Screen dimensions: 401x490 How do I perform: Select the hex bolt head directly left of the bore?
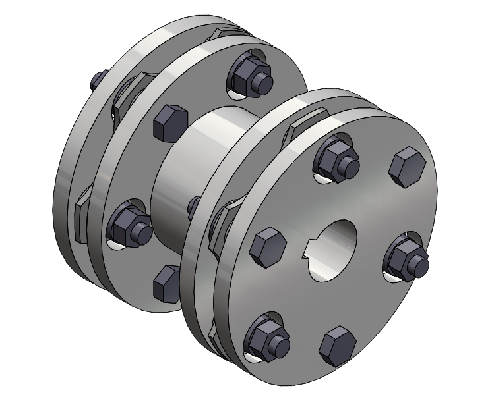click(267, 247)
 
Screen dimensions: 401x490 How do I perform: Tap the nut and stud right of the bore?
click(407, 256)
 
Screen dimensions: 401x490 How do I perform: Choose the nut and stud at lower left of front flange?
click(266, 339)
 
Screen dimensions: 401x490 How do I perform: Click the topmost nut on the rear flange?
click(251, 75)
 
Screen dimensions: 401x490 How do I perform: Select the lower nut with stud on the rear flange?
click(129, 227)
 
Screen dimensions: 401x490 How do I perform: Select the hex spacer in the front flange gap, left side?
click(217, 227)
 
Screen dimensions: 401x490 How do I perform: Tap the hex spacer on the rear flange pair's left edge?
click(82, 209)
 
